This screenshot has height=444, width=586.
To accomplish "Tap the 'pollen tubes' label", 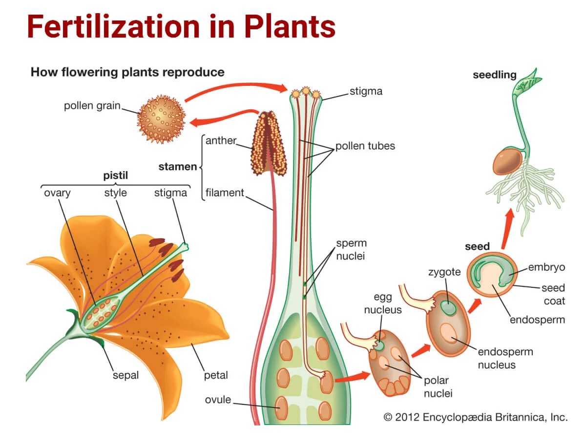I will tap(365, 146).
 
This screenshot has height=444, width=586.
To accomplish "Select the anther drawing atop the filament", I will tap(268, 144).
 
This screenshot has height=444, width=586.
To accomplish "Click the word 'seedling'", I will tap(494, 75).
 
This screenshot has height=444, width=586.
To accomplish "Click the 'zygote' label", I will tap(444, 272).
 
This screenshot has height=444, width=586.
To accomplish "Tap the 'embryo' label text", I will tap(546, 267).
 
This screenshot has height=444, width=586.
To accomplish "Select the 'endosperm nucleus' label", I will tap(505, 358).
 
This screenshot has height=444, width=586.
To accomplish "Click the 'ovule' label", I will tap(218, 400).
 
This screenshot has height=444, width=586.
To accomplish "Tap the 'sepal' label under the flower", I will tap(126, 375).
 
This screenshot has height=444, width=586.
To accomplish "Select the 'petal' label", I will tap(216, 375).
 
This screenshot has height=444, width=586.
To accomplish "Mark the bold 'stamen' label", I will tap(177, 166).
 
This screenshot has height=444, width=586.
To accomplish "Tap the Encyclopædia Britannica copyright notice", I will tap(476, 417).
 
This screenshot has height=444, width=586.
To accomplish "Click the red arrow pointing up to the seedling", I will tap(508, 223).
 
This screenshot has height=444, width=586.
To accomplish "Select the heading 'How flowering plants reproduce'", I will tap(127, 72).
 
